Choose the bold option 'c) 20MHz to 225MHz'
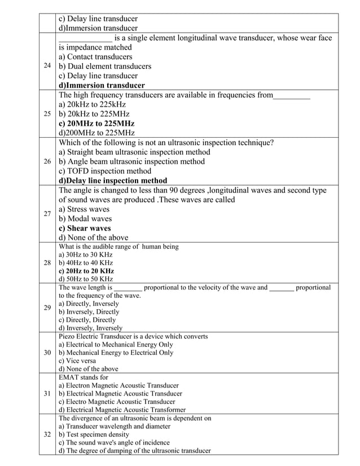point(96,123)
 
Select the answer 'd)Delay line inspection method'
point(113,181)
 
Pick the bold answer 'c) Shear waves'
point(85,228)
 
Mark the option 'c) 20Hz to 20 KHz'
point(86,271)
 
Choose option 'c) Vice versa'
point(77,361)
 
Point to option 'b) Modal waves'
point(85,219)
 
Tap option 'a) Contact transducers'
point(95,56)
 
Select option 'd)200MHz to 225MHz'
point(96,133)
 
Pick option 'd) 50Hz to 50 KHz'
point(86,279)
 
